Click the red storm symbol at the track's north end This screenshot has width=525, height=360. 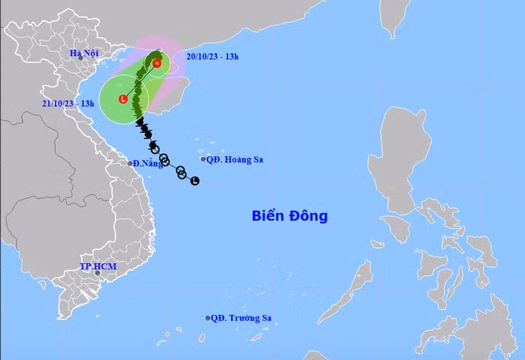[x=157, y=64]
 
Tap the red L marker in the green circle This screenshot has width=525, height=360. [x=122, y=98]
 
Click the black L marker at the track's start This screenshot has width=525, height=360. [x=195, y=181]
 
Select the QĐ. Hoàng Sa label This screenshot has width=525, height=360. [x=235, y=159]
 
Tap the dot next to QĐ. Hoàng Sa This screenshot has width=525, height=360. [x=203, y=159]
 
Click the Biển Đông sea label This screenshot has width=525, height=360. [x=289, y=216]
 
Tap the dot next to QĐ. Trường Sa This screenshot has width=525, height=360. [x=208, y=318]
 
